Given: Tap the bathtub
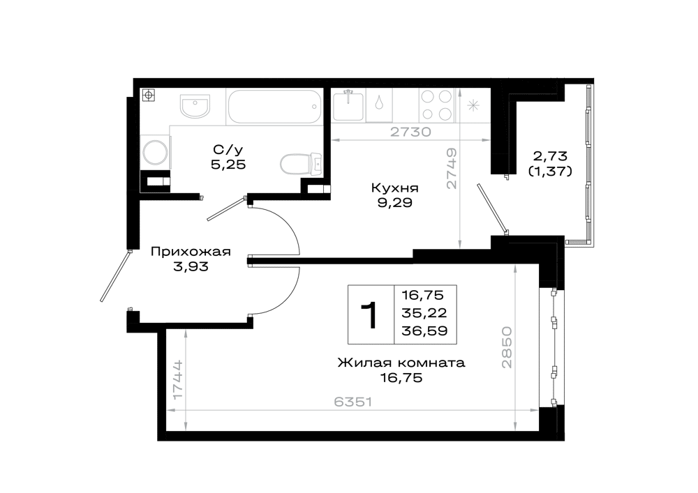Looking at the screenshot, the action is click(274, 107).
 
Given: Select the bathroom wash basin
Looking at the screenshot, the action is click(195, 106).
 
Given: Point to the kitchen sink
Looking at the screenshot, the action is click(348, 105).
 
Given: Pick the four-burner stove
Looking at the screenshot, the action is click(436, 105).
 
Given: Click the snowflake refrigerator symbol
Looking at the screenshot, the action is click(473, 106).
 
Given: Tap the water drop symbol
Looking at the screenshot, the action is click(378, 103).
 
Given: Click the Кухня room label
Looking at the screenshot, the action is click(395, 188).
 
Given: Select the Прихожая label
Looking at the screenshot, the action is click(191, 252).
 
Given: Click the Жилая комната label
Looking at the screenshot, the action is click(401, 363).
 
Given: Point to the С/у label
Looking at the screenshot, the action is click(228, 149).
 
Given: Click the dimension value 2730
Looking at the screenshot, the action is click(411, 132).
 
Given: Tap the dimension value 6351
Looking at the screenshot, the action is click(352, 402).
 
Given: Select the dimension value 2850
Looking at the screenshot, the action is click(507, 347).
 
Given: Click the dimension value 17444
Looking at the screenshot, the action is click(177, 379).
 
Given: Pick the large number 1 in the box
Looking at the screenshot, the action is click(370, 315).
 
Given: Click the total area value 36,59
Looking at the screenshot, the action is click(424, 331).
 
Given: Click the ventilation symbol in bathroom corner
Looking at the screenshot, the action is click(149, 95).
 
